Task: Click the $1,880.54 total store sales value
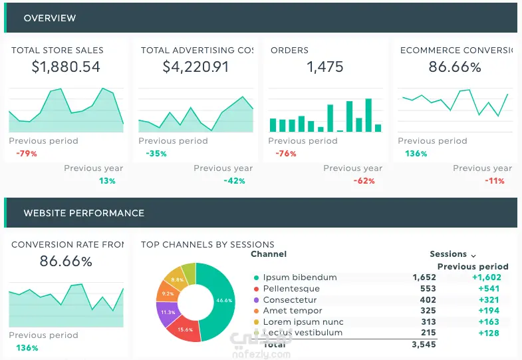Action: click(66, 67)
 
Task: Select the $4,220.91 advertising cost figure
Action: click(196, 67)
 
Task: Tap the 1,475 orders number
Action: click(325, 67)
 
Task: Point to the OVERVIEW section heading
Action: click(50, 18)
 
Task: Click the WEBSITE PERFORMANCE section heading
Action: click(84, 214)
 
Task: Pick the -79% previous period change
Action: click(27, 154)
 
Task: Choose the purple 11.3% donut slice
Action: click(168, 312)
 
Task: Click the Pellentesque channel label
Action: click(291, 289)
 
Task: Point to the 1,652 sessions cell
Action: click(424, 277)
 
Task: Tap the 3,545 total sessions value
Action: click(424, 345)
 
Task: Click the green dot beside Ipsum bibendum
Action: click(256, 277)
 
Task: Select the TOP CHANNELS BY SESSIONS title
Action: click(207, 244)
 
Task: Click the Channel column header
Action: click(269, 254)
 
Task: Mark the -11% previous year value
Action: click(495, 181)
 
